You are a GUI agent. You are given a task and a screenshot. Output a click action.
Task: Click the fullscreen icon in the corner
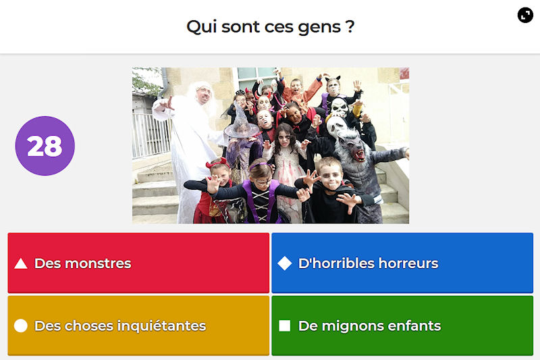click(x=525, y=15)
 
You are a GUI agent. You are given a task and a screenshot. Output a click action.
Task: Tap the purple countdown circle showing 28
click(x=45, y=146)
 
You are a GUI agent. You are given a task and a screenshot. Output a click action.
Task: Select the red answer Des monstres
click(x=138, y=263)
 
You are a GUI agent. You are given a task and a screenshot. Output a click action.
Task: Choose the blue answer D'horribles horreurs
click(x=402, y=263)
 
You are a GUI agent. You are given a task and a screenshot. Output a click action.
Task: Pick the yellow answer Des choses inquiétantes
click(x=138, y=326)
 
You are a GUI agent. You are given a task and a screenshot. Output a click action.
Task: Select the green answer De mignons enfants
click(x=402, y=326)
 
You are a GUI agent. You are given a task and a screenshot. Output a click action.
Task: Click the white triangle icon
click(x=21, y=263)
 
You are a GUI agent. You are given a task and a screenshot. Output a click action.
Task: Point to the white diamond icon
click(x=285, y=263)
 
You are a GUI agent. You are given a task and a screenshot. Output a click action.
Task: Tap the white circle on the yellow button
click(x=21, y=326)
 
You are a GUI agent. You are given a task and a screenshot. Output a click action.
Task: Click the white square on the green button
click(x=284, y=326)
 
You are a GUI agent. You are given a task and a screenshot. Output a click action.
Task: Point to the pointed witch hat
click(x=241, y=122)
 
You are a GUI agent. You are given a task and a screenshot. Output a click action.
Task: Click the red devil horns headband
click(x=217, y=163)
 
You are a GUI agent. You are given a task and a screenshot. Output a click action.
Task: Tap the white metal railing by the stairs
click(x=151, y=135)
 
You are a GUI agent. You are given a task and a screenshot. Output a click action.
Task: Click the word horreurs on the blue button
click(x=408, y=263)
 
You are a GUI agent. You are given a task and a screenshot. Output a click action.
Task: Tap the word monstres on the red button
click(x=98, y=263)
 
